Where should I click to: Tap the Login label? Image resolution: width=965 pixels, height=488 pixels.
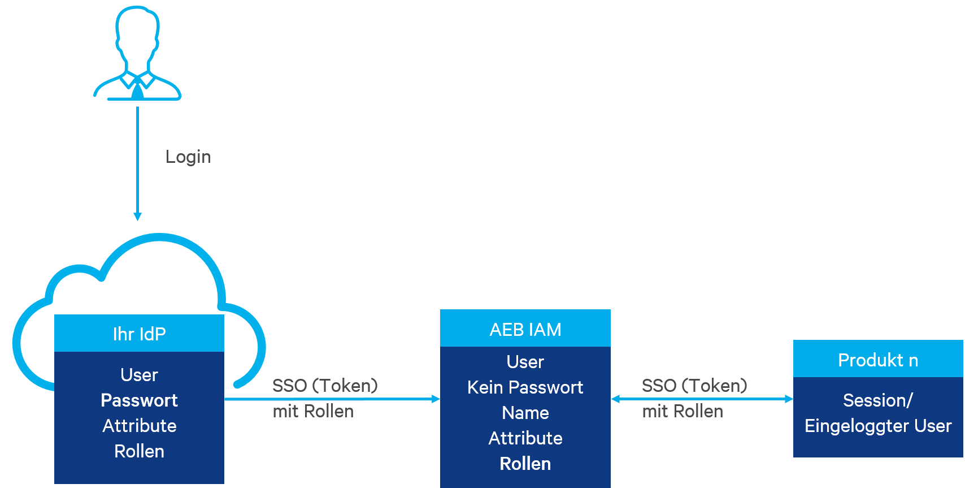(188, 157)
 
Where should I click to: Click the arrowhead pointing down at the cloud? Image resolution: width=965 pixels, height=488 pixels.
(137, 217)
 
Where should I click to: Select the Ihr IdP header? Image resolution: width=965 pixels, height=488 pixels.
(139, 334)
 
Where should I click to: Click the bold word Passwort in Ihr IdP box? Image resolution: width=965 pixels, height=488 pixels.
(139, 400)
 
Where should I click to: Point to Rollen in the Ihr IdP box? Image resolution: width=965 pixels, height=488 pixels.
(139, 451)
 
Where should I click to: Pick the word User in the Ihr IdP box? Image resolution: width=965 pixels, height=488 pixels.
(139, 375)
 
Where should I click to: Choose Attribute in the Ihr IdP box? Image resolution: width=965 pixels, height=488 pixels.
(139, 426)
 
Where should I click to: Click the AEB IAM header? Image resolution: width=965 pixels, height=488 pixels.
(525, 329)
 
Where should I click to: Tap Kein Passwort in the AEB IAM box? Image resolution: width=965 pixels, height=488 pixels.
(525, 387)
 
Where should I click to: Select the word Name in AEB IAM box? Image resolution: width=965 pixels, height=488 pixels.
(525, 413)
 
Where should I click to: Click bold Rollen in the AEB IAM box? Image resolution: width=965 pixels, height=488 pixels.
(525, 464)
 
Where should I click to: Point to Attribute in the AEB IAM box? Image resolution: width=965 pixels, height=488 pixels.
(525, 438)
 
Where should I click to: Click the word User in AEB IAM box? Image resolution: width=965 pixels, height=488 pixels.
(525, 362)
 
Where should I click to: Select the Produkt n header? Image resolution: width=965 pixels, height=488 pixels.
(878, 360)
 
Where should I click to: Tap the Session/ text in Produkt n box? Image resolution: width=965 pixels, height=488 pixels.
(878, 400)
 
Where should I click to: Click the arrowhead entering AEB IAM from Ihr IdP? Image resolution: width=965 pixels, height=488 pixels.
(436, 399)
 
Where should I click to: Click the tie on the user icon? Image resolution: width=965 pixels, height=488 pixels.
(137, 90)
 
